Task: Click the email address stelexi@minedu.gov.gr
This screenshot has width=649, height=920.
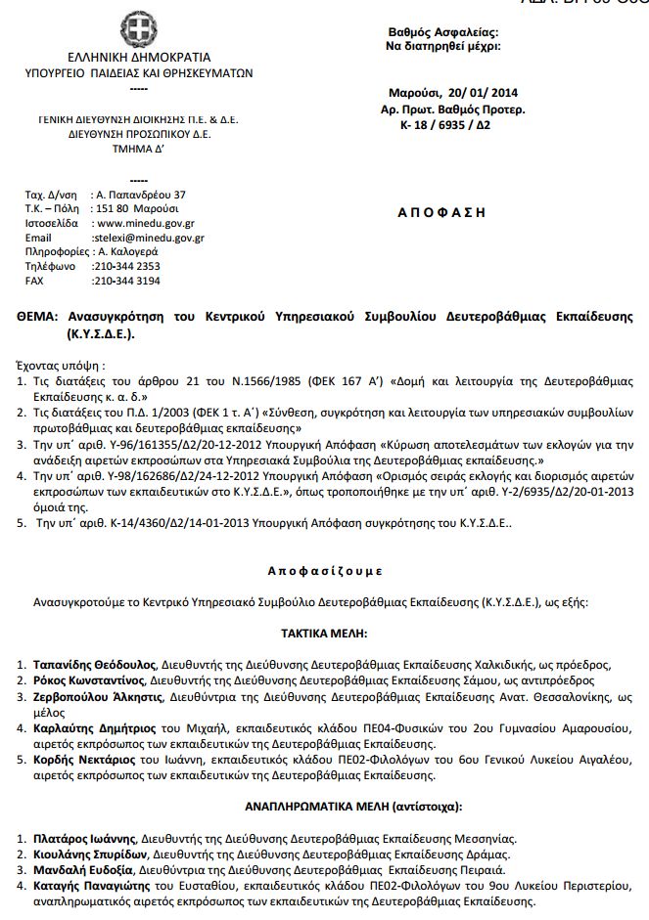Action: click(148, 238)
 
